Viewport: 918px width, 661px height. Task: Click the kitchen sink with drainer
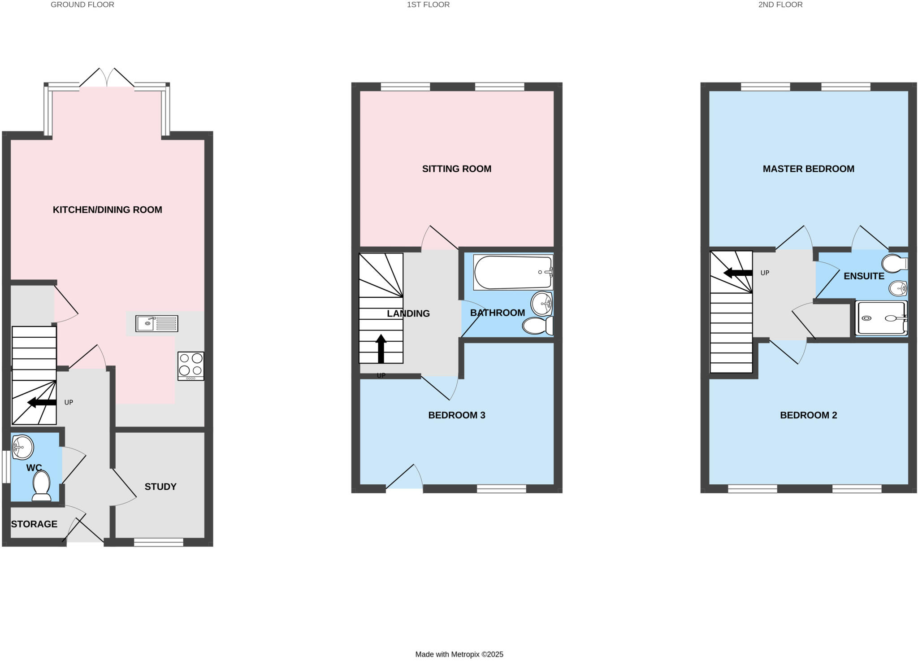click(156, 323)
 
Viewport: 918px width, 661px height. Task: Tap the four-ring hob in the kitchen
click(191, 365)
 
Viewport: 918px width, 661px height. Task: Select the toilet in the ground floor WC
click(41, 486)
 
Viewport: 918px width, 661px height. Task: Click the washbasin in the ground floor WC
click(22, 447)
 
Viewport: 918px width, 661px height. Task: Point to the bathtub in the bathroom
click(513, 272)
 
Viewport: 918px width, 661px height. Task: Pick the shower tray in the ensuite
click(881, 318)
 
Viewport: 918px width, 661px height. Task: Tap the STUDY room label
click(160, 487)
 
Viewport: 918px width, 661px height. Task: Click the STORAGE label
click(34, 524)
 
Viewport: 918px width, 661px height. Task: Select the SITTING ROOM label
click(456, 169)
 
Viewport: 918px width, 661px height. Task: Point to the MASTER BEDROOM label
click(808, 169)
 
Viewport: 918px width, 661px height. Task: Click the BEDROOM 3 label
click(456, 415)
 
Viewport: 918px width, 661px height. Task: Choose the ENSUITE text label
click(864, 276)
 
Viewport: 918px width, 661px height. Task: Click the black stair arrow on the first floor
click(381, 349)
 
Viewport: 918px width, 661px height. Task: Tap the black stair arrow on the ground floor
click(42, 402)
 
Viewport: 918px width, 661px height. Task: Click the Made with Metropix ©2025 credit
click(459, 654)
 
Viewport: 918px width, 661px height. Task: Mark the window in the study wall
click(159, 543)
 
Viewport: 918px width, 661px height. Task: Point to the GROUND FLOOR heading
click(82, 4)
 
